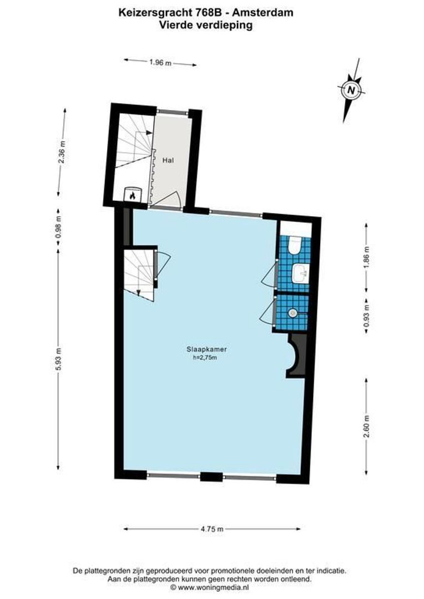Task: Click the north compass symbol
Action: pyautogui.click(x=350, y=89)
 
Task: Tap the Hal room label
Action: pyautogui.click(x=169, y=160)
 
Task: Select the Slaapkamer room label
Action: pyautogui.click(x=209, y=350)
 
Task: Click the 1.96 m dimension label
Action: pyautogui.click(x=160, y=63)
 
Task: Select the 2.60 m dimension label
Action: pyautogui.click(x=366, y=425)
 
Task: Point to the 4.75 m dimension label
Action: pyautogui.click(x=212, y=529)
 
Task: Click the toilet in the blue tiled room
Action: pyautogui.click(x=295, y=245)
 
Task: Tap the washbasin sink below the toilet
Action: pyautogui.click(x=300, y=272)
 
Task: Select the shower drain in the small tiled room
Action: pyautogui.click(x=293, y=312)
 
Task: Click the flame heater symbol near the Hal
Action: pyautogui.click(x=133, y=195)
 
